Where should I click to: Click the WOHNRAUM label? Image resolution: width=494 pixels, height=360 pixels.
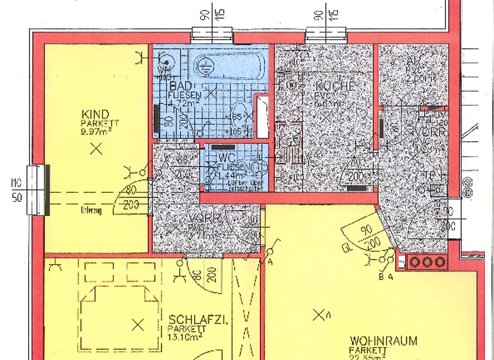click(x=383, y=341)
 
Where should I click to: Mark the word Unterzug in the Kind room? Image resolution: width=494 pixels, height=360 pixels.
click(x=92, y=208)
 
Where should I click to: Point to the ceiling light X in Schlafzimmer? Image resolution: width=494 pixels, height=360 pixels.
click(x=136, y=323)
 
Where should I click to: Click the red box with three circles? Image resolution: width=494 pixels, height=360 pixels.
click(x=423, y=262)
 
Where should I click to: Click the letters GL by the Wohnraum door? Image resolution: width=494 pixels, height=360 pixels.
click(x=346, y=247)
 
